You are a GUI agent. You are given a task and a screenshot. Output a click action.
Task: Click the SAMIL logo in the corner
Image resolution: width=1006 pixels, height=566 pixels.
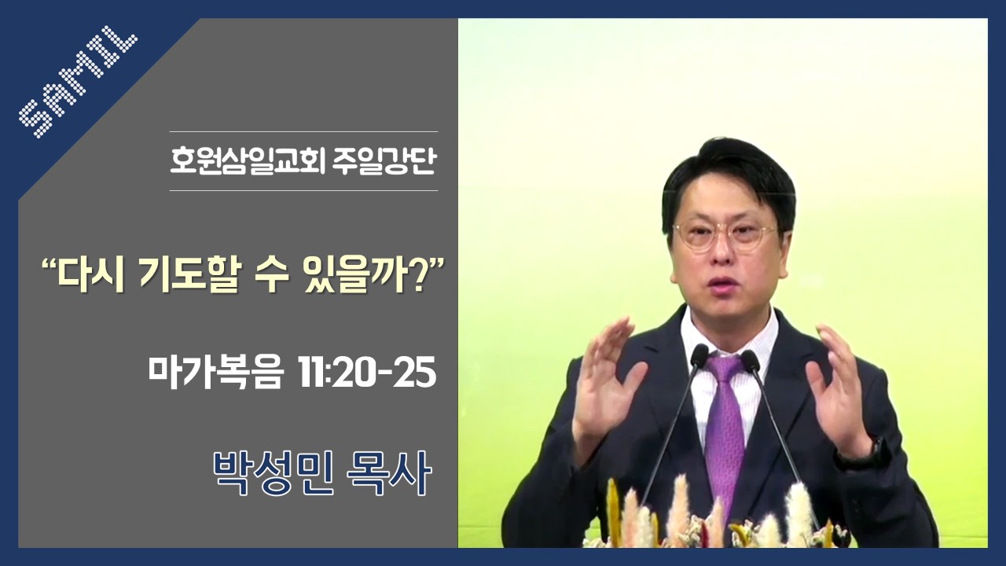coord(78,81)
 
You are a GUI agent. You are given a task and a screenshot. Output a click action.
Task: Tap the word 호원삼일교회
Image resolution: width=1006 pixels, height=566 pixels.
coord(248,161)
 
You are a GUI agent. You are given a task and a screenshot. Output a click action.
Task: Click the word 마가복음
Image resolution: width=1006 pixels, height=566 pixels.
coord(216,373)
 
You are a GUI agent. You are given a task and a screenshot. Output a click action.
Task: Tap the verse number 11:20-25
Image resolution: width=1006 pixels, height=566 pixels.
coord(366,373)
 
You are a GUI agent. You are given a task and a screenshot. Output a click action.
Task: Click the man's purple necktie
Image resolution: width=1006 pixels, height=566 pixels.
coord(724,432)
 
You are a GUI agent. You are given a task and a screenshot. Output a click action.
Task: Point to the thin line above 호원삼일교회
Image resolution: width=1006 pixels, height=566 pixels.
coord(303,131)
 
